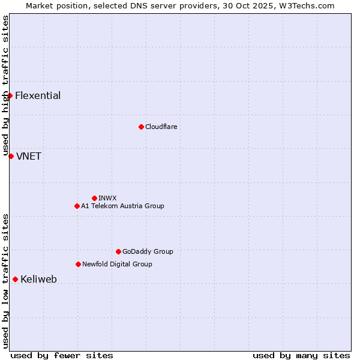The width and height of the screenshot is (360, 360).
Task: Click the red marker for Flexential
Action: [10, 95]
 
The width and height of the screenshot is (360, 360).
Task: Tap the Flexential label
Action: [38, 96]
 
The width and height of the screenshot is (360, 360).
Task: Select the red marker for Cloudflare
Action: [141, 127]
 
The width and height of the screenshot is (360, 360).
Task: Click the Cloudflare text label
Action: [161, 127]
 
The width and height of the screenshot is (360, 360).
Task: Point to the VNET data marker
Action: [11, 156]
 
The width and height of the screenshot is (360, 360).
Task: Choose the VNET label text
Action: [29, 157]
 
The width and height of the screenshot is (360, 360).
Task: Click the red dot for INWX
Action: [94, 198]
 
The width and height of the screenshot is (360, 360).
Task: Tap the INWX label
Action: [107, 199]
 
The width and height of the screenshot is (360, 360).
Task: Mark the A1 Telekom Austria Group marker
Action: [77, 206]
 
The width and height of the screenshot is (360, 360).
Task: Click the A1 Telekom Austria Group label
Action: [122, 206]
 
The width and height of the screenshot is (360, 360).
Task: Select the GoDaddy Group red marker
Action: [118, 251]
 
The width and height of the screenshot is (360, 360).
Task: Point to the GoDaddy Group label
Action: [148, 252]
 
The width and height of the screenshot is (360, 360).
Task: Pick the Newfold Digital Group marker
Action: [78, 264]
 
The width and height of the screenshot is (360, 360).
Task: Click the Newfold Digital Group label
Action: [117, 265]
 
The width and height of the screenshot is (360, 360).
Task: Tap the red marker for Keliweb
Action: [15, 279]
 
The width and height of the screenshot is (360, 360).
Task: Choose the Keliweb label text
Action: [38, 280]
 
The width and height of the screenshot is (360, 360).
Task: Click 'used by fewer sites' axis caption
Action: [62, 355]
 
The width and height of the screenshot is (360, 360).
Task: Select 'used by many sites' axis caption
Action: [301, 355]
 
